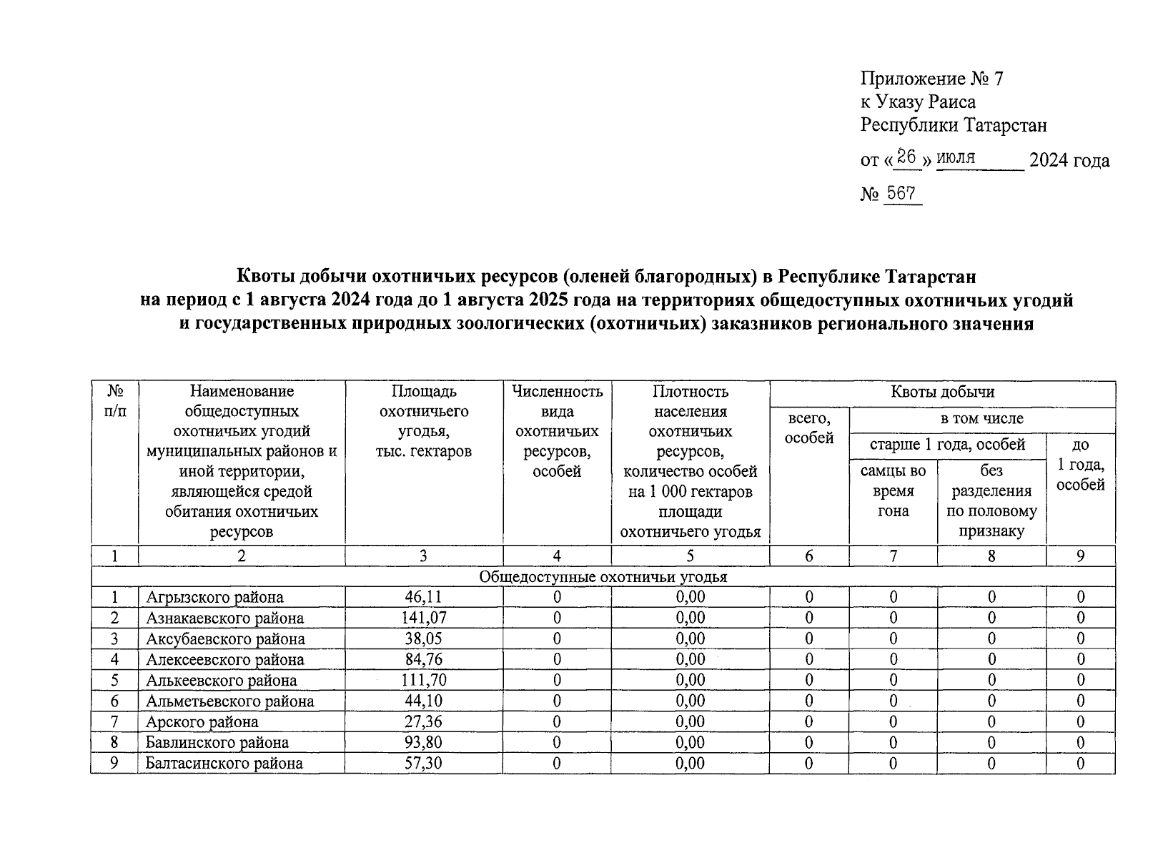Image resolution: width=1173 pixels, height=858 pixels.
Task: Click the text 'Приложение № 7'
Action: click(x=931, y=79)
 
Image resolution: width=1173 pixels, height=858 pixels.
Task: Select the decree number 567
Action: click(x=901, y=194)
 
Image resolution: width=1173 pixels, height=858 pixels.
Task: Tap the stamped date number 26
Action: click(x=906, y=157)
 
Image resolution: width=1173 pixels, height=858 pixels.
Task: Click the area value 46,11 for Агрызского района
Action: click(x=424, y=597)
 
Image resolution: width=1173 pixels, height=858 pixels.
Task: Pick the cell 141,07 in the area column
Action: click(x=424, y=618)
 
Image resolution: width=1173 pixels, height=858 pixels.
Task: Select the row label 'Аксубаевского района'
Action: click(x=225, y=638)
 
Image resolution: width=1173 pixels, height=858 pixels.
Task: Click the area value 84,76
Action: click(x=424, y=659)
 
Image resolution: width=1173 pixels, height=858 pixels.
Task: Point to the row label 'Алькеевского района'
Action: click(x=221, y=680)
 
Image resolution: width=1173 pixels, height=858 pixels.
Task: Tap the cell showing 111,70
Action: click(x=424, y=680)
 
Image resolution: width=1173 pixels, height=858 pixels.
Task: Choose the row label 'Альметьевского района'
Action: click(x=229, y=701)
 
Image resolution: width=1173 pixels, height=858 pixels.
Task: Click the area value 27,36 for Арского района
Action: click(x=424, y=721)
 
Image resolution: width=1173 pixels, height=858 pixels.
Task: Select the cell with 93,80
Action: click(x=424, y=742)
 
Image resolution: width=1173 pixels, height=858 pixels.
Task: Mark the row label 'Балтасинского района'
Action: click(x=224, y=763)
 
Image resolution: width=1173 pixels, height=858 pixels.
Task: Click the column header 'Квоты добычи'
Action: click(x=942, y=392)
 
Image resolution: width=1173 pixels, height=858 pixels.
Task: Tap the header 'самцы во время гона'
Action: click(x=893, y=490)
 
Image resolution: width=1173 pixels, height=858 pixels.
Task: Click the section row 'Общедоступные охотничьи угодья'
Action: click(x=603, y=577)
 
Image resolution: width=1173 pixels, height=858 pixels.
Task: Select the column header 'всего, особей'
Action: click(x=809, y=428)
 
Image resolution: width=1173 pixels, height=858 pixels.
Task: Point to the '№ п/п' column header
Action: click(x=114, y=402)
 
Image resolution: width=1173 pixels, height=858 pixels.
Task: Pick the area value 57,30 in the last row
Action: click(x=424, y=763)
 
